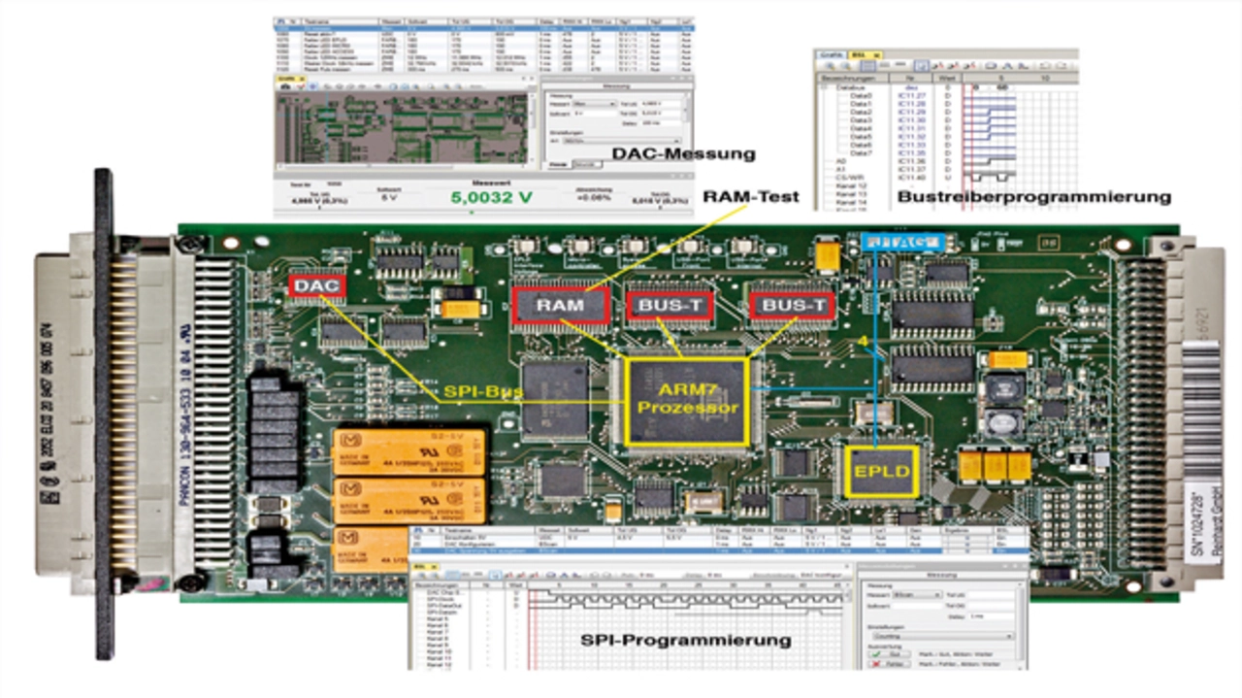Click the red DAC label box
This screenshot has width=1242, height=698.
pyautogui.click(x=315, y=286)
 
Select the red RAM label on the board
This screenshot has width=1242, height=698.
pyautogui.click(x=561, y=305)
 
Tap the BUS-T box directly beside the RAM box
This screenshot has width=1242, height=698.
pyautogui.click(x=670, y=306)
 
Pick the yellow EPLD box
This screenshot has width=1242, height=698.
pyautogui.click(x=881, y=471)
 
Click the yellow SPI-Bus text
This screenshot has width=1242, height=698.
pyautogui.click(x=484, y=393)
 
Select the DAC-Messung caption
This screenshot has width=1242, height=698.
pyautogui.click(x=683, y=154)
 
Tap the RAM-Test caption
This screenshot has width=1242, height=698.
pyautogui.click(x=753, y=197)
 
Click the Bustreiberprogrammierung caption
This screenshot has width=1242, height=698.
pyautogui.click(x=1033, y=197)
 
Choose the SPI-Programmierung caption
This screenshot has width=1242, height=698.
pyautogui.click(x=685, y=641)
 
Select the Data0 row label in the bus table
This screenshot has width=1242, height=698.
pyautogui.click(x=861, y=97)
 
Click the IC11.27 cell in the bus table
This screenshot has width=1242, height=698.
pyautogui.click(x=911, y=97)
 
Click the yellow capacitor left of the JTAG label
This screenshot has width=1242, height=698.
pyautogui.click(x=828, y=256)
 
